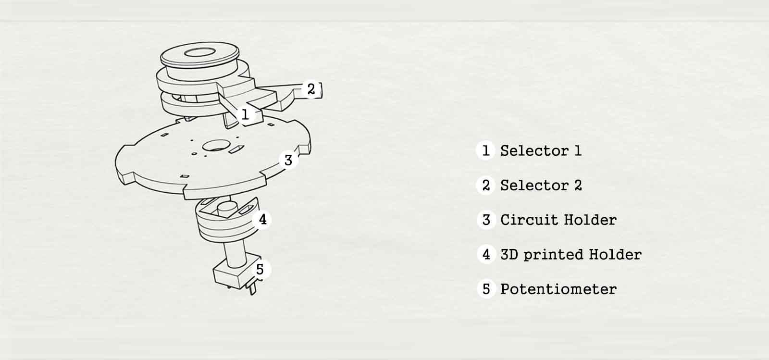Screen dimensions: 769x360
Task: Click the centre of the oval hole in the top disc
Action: point(200,52)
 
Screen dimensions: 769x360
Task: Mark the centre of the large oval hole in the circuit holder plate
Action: point(216,145)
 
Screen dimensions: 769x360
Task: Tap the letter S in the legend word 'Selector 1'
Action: point(505,150)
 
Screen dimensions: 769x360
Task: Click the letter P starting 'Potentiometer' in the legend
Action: point(505,289)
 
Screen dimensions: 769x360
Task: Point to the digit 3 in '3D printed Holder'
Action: point(505,254)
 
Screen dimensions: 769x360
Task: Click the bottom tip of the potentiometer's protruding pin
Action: point(253,294)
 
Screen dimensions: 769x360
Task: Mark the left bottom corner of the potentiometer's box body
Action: point(215,282)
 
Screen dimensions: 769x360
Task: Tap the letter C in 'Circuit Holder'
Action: point(505,220)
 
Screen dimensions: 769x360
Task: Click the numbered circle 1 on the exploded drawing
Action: point(245,114)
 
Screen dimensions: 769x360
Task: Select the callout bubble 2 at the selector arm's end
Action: point(311,89)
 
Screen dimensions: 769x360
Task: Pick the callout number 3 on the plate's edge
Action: point(288,160)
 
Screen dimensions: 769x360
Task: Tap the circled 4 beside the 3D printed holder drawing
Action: point(262,219)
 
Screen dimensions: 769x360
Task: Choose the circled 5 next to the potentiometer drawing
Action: point(260,270)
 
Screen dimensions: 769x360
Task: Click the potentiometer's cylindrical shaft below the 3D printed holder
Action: point(235,254)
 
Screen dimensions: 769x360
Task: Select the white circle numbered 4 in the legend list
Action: point(486,254)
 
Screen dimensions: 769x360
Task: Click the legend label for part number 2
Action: point(541,186)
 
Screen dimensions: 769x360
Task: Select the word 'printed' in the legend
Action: point(553,255)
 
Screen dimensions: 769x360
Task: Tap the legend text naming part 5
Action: point(558,289)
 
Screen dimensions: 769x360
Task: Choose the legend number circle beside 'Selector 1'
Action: point(485,150)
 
